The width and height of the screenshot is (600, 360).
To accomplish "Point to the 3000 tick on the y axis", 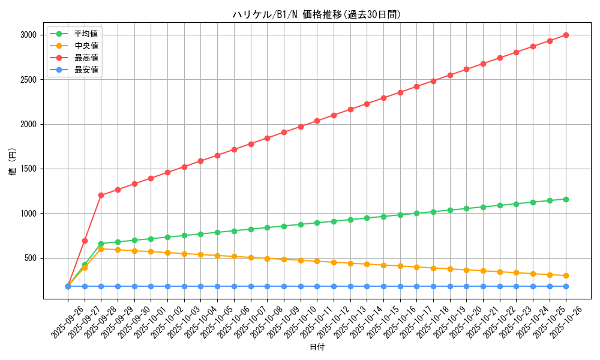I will [x=29, y=35].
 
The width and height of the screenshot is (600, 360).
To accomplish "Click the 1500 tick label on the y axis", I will [x=29, y=169].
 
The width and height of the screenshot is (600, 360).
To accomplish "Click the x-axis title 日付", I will [x=317, y=347].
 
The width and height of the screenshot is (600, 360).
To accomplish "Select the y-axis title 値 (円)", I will [x=12, y=162].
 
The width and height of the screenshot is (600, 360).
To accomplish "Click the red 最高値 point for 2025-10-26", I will [x=566, y=35].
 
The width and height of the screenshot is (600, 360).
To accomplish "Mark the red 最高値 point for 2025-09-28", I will [x=101, y=195].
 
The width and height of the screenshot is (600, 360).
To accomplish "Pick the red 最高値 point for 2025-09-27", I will [x=85, y=241].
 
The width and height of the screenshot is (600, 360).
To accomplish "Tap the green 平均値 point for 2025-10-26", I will [x=566, y=199].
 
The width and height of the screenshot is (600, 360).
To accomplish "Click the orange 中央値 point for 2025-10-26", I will [x=566, y=275].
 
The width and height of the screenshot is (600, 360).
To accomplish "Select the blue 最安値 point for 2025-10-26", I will [x=566, y=286].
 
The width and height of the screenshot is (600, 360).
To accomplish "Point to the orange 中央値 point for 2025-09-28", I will [x=101, y=249].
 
